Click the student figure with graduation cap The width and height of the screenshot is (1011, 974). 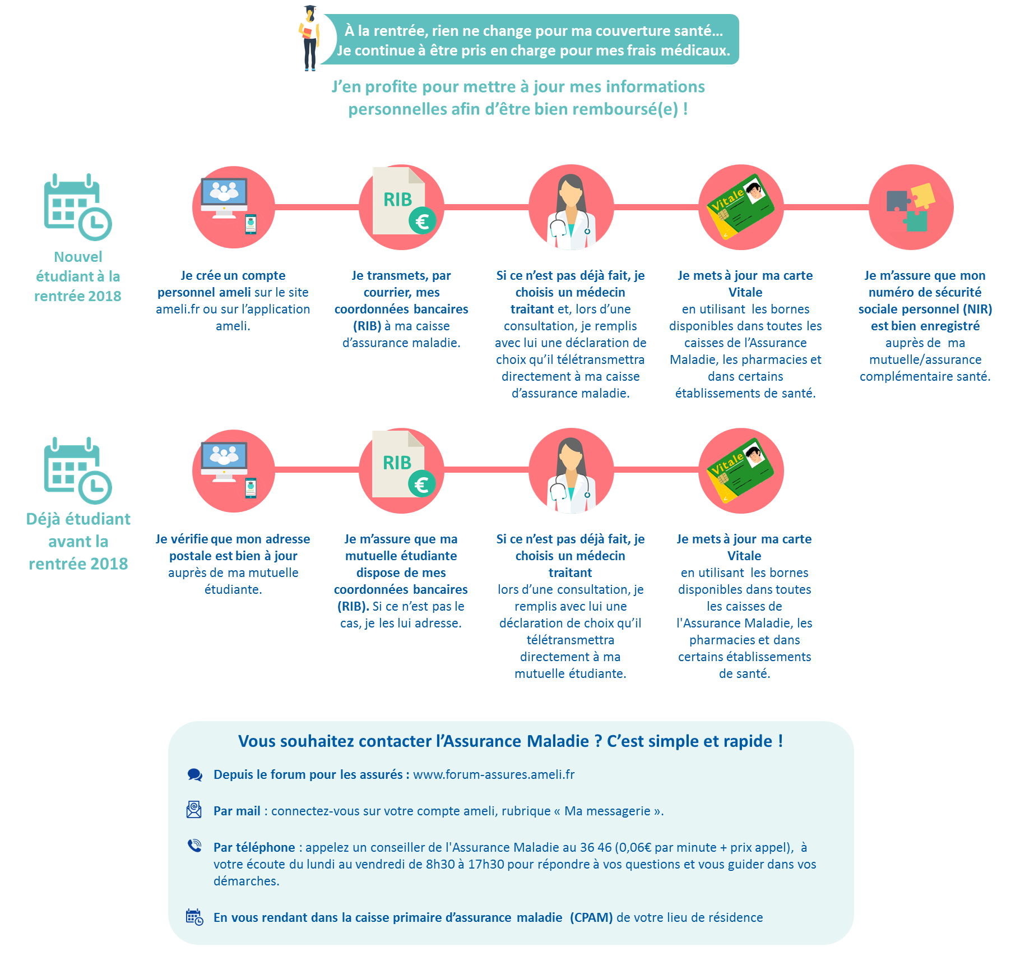point(309,38)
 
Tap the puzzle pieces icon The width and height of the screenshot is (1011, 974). point(911,207)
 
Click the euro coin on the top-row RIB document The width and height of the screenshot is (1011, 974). point(422,221)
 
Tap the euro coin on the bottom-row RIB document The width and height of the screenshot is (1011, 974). point(422,484)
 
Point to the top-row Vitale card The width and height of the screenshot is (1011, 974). point(741,206)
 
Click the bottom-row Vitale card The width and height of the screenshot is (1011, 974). point(741,470)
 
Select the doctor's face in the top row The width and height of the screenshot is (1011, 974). point(571,193)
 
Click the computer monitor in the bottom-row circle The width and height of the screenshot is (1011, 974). point(224,461)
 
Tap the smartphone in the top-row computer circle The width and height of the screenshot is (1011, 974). point(251,224)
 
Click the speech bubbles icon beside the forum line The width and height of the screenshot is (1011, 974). point(194,775)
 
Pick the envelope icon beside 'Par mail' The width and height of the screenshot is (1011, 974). point(194,810)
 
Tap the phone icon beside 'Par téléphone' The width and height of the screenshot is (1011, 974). point(194,845)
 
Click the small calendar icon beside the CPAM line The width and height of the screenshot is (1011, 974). point(194,917)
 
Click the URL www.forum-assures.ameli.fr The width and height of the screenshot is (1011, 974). point(494,774)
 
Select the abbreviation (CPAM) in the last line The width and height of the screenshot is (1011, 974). point(591,917)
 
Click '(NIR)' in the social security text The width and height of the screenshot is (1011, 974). point(977,309)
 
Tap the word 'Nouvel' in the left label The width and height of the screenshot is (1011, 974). point(78,257)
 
